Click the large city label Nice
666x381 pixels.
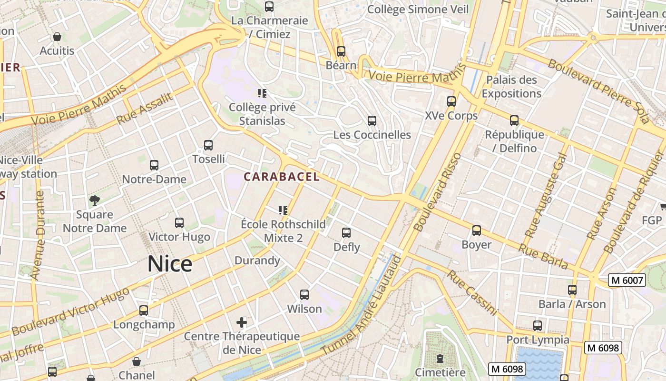170,264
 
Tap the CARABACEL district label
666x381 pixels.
281,177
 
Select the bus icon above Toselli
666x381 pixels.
208,145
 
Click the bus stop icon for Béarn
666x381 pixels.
341,51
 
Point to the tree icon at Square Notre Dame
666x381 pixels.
95,201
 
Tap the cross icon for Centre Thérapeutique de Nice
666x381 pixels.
242,322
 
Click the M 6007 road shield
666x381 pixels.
627,281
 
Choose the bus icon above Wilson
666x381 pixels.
304,295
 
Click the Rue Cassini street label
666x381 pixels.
472,293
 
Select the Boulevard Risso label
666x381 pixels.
438,192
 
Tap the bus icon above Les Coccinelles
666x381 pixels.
372,121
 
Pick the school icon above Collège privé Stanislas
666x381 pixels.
262,93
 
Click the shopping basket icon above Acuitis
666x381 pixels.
57,37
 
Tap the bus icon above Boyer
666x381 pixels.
476,231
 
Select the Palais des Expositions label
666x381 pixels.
511,87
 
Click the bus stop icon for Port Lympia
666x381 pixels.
537,326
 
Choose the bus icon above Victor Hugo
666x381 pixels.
179,223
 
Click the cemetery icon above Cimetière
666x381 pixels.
440,358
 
